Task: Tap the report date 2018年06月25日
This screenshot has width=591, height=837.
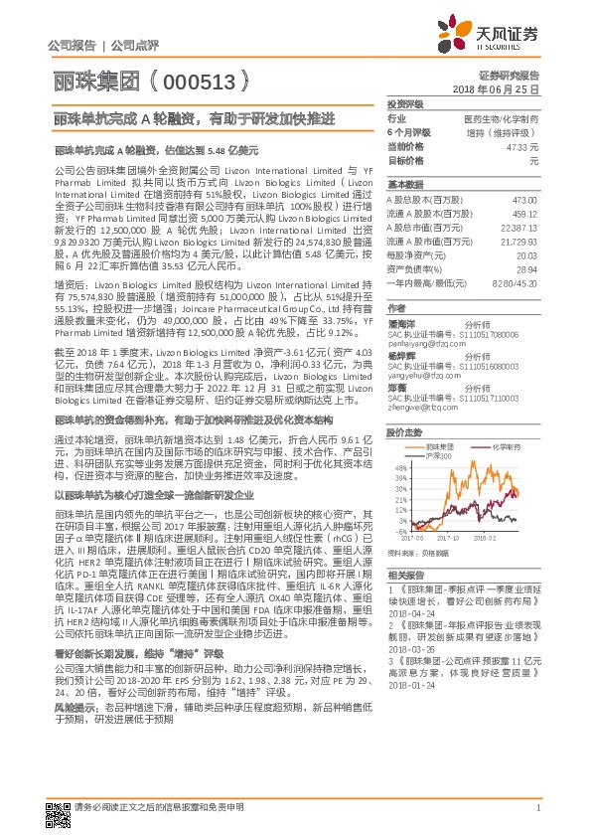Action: [x=502, y=88]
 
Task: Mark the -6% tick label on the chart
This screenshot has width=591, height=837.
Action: [x=397, y=553]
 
